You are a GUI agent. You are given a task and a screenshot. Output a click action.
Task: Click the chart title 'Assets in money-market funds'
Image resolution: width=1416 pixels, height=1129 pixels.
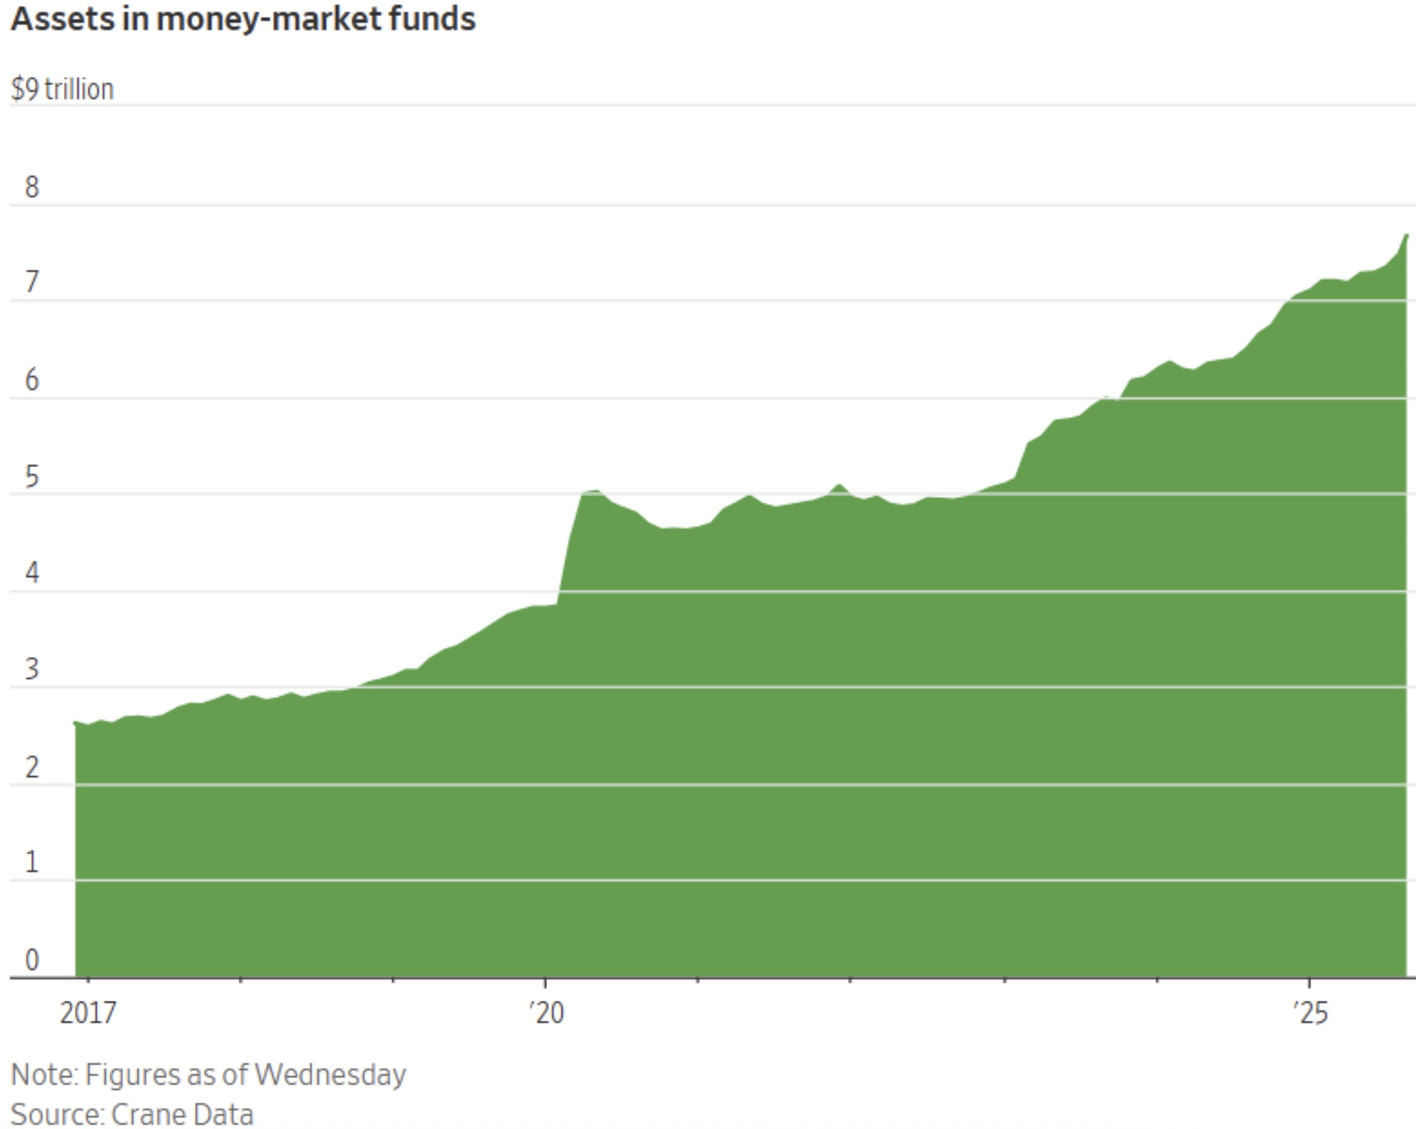tap(243, 19)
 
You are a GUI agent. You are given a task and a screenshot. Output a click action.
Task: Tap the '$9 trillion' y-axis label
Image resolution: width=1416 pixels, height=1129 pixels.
tap(62, 89)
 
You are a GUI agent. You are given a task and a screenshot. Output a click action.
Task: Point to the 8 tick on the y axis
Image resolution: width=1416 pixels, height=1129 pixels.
tap(32, 187)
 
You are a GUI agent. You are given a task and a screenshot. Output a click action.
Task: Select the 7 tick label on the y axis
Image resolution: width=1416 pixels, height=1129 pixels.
tap(32, 282)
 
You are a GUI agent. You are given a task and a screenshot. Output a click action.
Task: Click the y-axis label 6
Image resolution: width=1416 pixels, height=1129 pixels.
tap(32, 380)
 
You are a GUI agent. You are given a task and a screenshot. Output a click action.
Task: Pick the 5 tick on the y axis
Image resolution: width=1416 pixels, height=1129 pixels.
tap(32, 477)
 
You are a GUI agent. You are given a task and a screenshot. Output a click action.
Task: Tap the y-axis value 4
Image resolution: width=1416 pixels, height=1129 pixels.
tap(32, 573)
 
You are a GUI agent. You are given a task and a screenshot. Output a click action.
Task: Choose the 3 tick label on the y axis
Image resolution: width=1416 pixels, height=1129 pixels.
tap(32, 670)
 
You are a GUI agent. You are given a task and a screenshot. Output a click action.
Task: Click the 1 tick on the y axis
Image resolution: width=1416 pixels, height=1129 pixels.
tap(32, 863)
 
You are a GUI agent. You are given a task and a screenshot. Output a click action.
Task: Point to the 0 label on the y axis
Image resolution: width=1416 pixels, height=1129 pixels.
tap(32, 960)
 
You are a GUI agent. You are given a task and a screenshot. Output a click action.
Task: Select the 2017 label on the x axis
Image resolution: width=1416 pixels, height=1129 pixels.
tap(88, 1013)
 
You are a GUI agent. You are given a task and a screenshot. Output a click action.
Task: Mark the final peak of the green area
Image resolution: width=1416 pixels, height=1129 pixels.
tap(1406, 235)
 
